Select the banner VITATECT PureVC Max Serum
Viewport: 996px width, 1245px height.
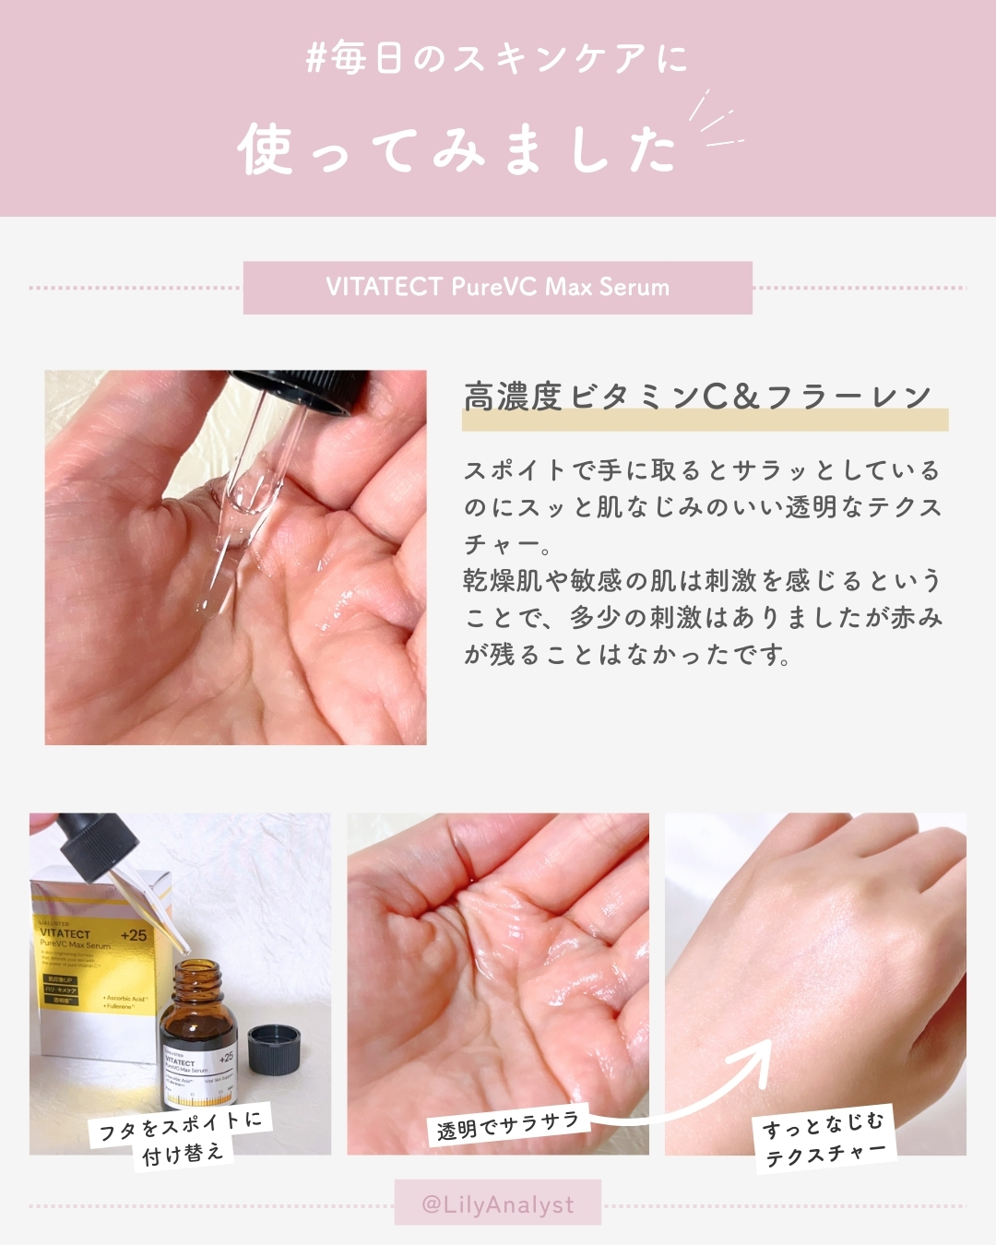(498, 287)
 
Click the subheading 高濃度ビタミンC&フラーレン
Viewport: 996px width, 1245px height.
(697, 397)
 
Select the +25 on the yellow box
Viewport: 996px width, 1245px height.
(133, 935)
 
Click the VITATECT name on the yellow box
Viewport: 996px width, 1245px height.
(65, 933)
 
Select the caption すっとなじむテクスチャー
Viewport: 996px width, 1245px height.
(824, 1138)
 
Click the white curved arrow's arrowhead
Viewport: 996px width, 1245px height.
(758, 1056)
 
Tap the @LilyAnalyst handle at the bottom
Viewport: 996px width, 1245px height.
(498, 1204)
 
